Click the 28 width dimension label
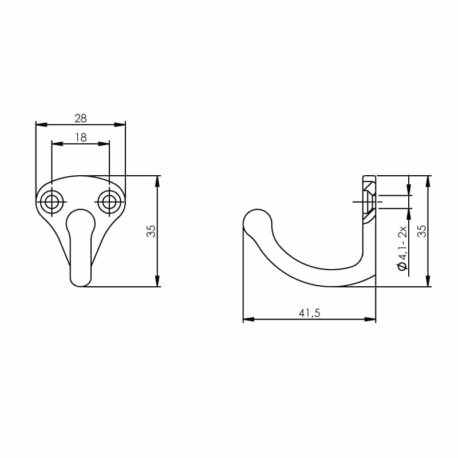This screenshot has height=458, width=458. [81, 119]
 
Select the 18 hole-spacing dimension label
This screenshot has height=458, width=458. [81, 137]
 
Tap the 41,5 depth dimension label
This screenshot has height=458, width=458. [309, 313]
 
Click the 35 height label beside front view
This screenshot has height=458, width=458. [151, 231]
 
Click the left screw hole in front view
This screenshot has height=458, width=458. [52, 202]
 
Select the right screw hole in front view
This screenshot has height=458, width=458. [109, 202]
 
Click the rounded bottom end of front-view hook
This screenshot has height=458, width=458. [81, 280]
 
